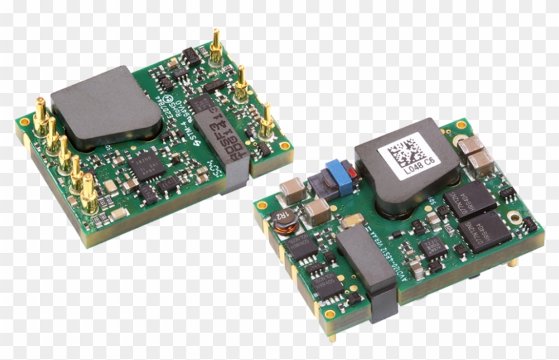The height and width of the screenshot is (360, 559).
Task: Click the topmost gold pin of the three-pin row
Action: click(x=216, y=47)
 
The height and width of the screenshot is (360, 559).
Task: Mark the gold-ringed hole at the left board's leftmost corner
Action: click(x=25, y=122)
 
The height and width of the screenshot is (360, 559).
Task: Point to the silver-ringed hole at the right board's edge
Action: click(x=513, y=217)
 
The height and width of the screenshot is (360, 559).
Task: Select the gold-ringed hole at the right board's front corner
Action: click(x=330, y=313)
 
